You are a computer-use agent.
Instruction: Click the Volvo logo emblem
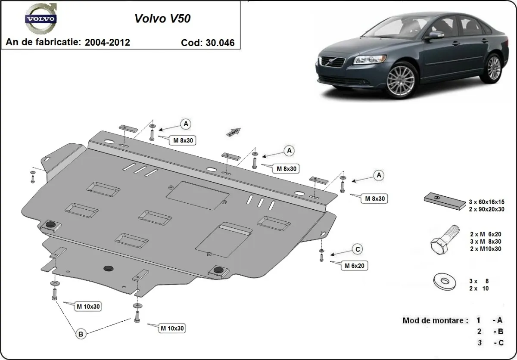pos(41,19)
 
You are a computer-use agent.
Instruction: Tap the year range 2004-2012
pos(107,42)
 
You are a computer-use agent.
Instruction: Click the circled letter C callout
pos(357,249)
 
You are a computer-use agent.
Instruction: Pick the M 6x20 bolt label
pos(354,266)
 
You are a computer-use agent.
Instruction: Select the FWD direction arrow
pos(233,132)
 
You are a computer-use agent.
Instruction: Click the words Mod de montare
pos(435,320)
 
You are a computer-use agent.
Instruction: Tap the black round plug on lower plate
pos(108,268)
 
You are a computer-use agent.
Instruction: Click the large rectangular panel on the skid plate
pos(197,195)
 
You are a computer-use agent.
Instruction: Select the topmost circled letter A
pos(186,124)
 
